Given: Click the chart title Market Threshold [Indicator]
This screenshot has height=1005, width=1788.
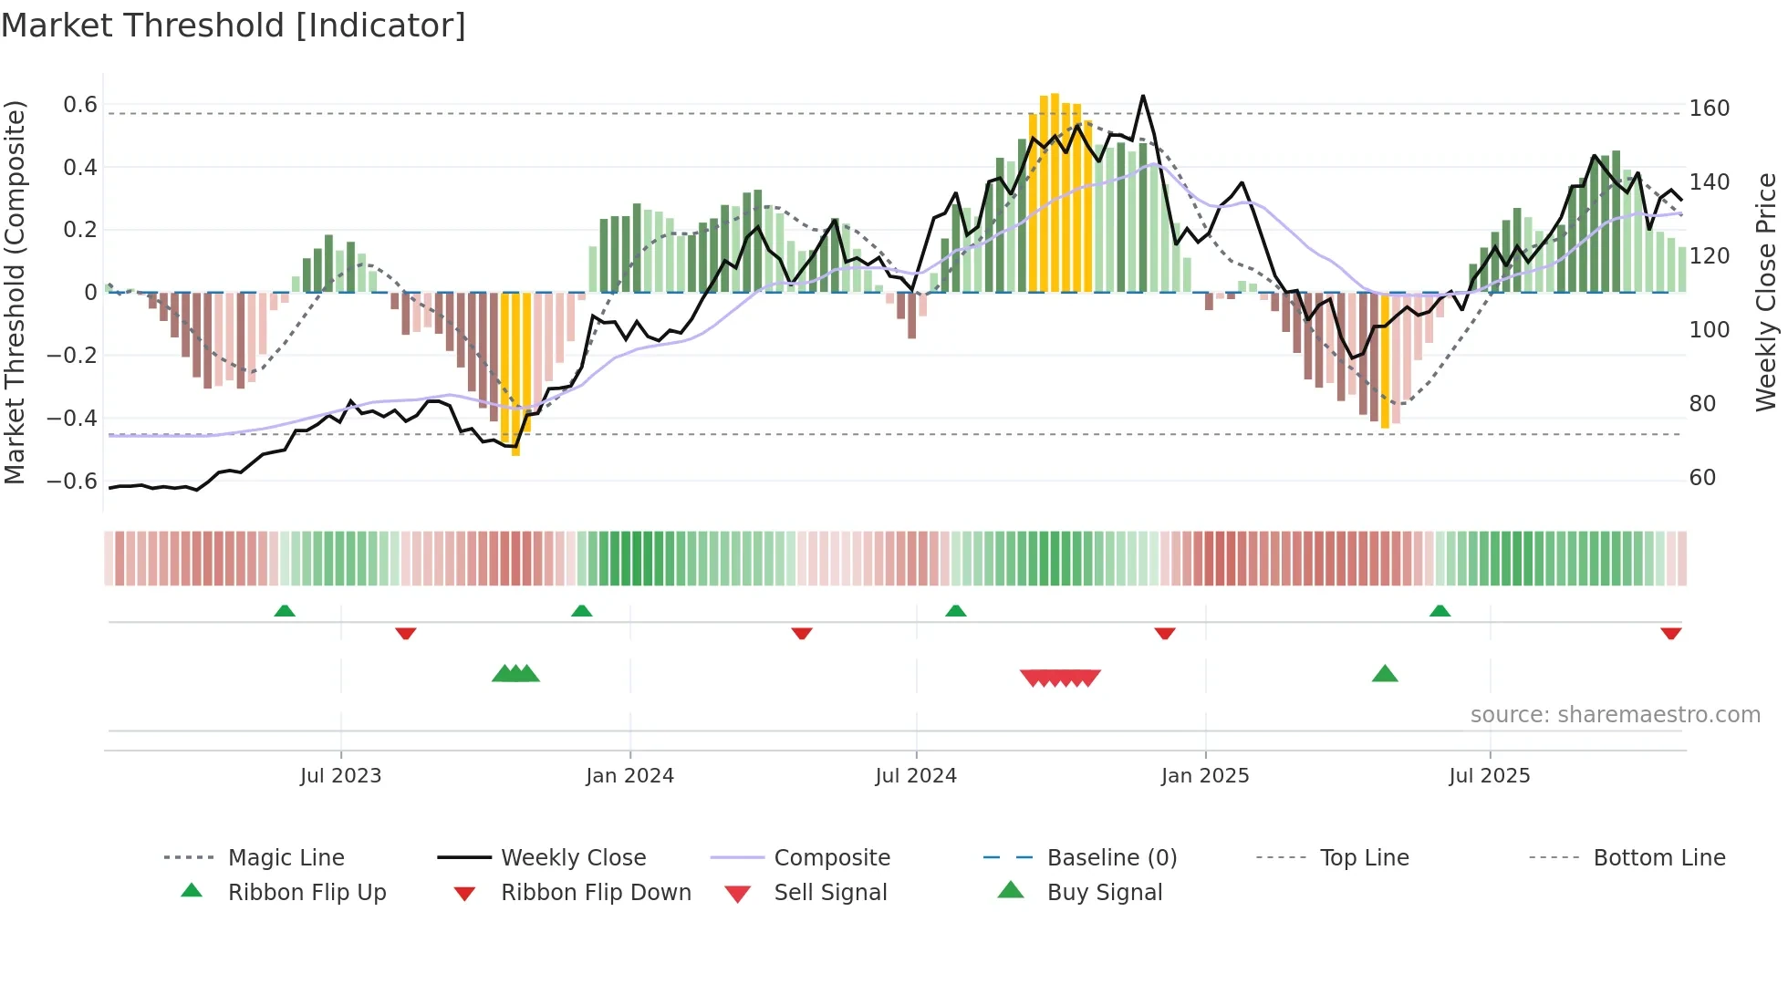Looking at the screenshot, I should (x=234, y=26).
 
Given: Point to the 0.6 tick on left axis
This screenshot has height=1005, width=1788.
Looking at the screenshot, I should (x=80, y=105).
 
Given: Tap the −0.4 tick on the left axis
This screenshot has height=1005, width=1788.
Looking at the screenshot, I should (x=73, y=418).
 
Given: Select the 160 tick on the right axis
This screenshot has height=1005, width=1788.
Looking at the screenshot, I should (x=1709, y=109).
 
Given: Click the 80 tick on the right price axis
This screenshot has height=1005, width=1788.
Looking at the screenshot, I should (x=1702, y=403).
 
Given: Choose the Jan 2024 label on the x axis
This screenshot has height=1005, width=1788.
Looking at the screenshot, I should (x=629, y=776).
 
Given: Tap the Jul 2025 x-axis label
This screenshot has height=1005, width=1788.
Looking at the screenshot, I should (x=1489, y=776).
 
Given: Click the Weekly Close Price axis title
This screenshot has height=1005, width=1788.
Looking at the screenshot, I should (x=1766, y=292).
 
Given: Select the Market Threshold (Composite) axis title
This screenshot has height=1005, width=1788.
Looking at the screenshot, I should (x=15, y=292).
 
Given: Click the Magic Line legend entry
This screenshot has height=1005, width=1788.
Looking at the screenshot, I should (x=286, y=858).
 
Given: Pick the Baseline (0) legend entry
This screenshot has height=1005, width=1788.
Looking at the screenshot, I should (x=1111, y=858).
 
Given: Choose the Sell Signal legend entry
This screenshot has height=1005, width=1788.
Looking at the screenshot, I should (x=829, y=893).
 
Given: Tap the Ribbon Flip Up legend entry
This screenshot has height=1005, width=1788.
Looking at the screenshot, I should (x=307, y=893).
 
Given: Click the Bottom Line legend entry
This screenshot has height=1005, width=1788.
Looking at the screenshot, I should (x=1658, y=858).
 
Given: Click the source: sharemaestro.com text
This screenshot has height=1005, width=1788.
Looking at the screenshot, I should (x=1615, y=715).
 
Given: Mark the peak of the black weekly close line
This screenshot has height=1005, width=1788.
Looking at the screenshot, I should (x=1142, y=96).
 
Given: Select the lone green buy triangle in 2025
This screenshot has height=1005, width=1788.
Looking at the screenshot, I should (x=1385, y=674).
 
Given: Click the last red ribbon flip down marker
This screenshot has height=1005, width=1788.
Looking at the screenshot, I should (x=1670, y=633).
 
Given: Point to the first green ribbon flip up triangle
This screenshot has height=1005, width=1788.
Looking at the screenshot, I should (x=285, y=610).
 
